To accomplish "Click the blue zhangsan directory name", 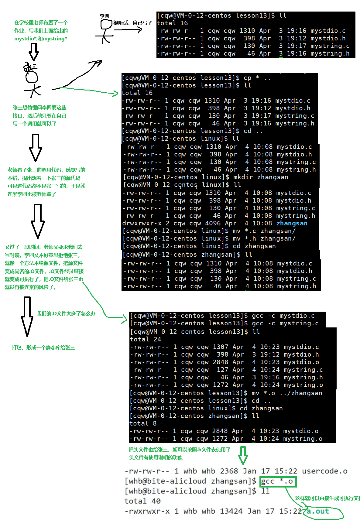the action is point(292,223).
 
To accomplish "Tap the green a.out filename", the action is point(318,511).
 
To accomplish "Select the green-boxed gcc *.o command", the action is point(278,481).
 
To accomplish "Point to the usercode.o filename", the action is point(324,471).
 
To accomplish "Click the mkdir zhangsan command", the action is point(261,177).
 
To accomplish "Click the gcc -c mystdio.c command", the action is point(283,316).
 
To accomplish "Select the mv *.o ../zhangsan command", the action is point(287,393).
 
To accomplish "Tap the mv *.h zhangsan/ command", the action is point(264,238).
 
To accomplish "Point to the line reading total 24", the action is point(146,339).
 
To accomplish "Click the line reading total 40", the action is point(142,501).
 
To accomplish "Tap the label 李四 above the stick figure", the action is point(104,16).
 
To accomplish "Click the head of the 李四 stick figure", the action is point(106,25).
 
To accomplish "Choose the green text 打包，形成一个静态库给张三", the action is point(43,347).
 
